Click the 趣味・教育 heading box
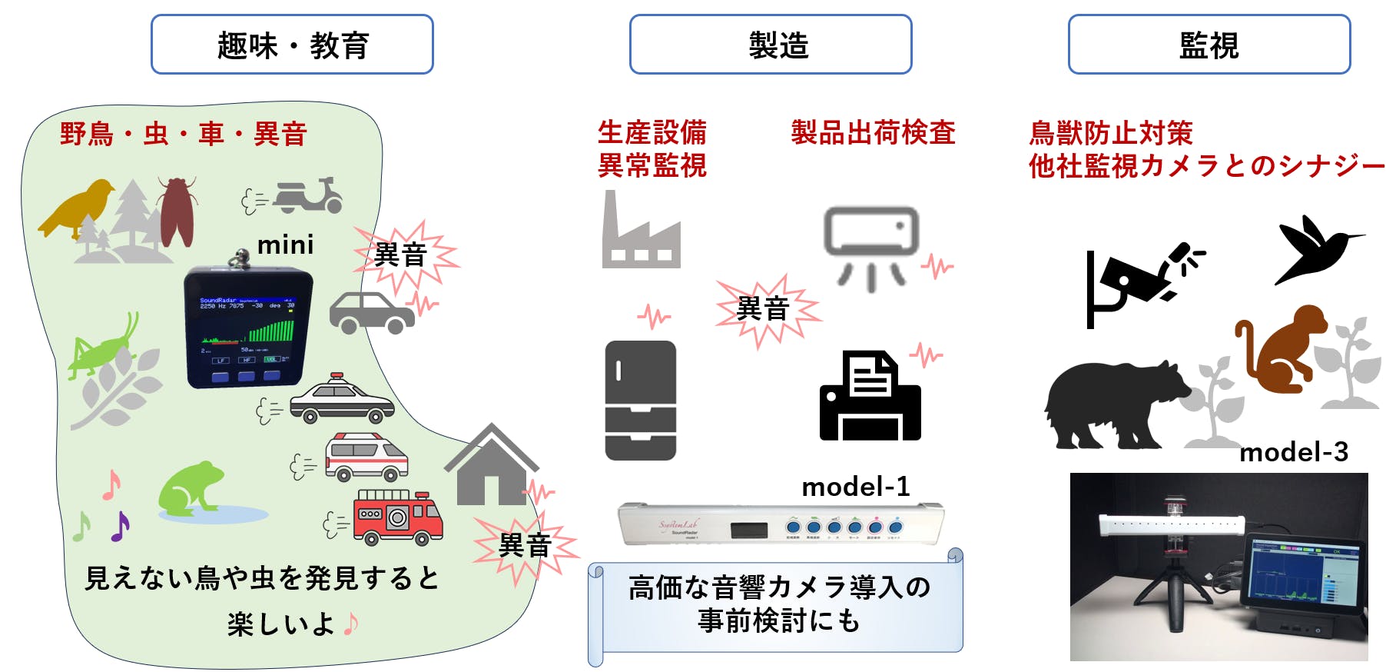tap(292, 45)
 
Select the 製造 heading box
tap(770, 45)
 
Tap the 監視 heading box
tap(1209, 45)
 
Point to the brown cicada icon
tap(177, 211)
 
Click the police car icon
tap(341, 400)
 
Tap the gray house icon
tap(491, 465)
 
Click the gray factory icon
tap(640, 235)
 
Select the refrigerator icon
tap(640, 400)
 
